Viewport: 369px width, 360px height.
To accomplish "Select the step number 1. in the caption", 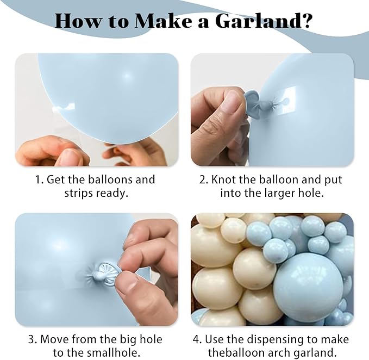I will pyautogui.click(x=40, y=179).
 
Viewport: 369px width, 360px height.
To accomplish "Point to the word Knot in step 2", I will pyautogui.click(x=224, y=179).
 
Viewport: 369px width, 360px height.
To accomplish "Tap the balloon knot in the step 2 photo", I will pyautogui.click(x=250, y=101).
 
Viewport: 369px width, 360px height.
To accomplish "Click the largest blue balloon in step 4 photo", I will pyautogui.click(x=308, y=285).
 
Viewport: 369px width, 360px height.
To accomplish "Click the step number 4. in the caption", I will pyautogui.click(x=198, y=339).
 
